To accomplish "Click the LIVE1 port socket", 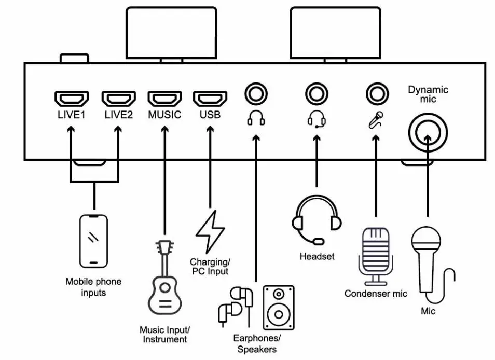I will [72, 99].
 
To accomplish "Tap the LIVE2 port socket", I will [118, 99].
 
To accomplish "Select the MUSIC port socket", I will [164, 99].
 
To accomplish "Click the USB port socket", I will [210, 99].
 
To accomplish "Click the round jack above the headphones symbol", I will [256, 95].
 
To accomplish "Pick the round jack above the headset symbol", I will [316, 95].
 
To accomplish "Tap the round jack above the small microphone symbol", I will [377, 95].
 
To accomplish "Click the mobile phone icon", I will [94, 241].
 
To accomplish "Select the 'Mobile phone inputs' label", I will [93, 287].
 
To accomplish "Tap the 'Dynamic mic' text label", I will [428, 94].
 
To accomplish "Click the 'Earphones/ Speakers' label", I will [255, 344].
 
